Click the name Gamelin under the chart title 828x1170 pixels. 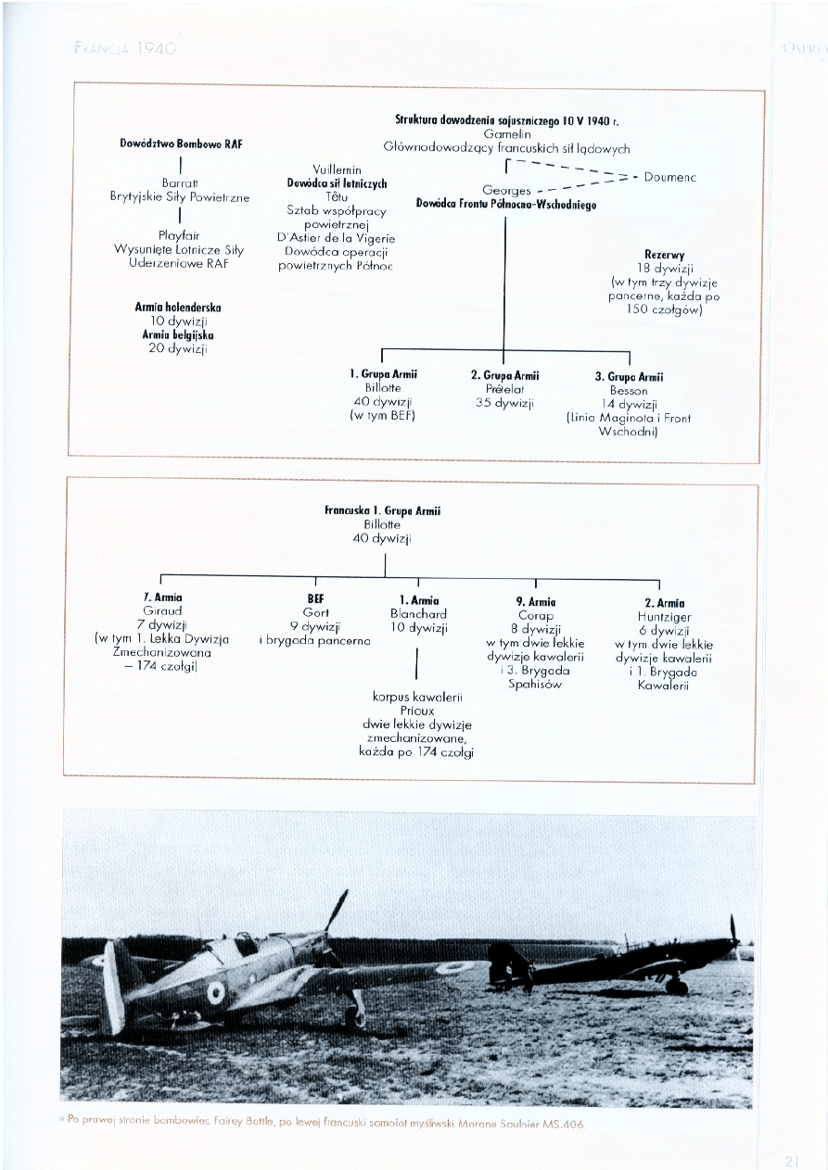tap(506, 134)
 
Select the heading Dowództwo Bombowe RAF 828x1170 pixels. tap(181, 144)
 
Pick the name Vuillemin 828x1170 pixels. tap(337, 170)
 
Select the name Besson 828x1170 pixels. tap(629, 391)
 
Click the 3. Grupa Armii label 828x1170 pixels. tap(629, 377)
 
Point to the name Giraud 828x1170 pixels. tap(162, 611)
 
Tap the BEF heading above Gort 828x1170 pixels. tap(316, 599)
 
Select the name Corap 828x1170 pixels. tap(536, 615)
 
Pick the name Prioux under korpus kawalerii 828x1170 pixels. tap(417, 711)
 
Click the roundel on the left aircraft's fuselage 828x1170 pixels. tap(216, 993)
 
